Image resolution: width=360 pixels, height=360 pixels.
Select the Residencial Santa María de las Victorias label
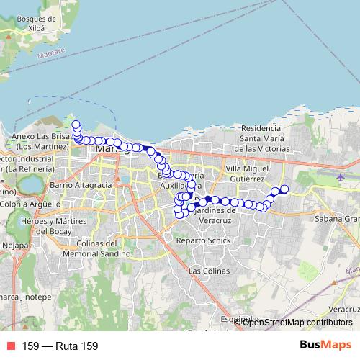(265, 138)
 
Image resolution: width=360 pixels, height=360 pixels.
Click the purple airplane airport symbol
(341, 176)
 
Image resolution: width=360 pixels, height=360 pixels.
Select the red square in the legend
(12, 346)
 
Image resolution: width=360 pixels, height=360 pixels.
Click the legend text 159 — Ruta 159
(60, 346)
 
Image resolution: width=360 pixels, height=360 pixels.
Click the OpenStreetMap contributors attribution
(297, 322)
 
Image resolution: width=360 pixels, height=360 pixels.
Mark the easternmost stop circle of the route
(284, 189)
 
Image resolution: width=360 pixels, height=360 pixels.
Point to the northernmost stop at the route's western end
(76, 125)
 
